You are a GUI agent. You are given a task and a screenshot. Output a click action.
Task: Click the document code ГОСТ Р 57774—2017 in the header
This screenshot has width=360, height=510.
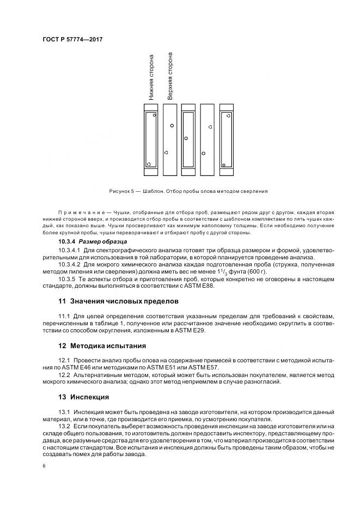point(72,40)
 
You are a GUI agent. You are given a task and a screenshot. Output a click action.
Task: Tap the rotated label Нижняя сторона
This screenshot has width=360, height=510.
point(151,77)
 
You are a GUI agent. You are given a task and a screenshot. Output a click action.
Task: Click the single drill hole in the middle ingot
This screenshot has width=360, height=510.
point(186,138)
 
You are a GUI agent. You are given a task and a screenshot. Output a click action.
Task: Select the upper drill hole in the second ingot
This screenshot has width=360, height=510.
point(172,125)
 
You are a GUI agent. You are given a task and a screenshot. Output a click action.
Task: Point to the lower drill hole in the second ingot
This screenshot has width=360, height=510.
point(166,152)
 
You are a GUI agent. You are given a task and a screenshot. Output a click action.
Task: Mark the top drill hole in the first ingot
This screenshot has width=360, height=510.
point(154,116)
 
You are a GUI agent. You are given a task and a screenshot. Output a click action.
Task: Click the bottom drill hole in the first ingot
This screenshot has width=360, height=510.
point(149,164)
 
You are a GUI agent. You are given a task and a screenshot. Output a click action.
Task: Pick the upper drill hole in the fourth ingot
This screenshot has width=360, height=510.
point(209,126)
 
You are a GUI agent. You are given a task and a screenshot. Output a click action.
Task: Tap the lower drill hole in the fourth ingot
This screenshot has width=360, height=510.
point(203,152)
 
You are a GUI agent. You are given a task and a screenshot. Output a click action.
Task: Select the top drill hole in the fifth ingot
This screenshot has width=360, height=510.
point(228,116)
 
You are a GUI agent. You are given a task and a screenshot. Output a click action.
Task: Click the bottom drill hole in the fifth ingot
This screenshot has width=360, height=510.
point(224,165)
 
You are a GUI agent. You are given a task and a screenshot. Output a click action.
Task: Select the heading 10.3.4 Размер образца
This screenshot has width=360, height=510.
point(92,241)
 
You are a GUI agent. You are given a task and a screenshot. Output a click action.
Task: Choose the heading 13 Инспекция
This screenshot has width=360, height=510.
point(84,397)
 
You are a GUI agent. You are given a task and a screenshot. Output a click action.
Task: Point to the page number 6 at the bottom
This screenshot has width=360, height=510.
point(44,466)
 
